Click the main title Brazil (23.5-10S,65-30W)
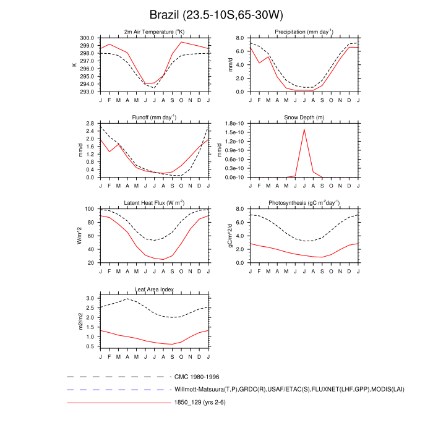(x=216, y=14)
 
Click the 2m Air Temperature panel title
(x=154, y=32)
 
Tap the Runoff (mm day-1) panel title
(x=154, y=117)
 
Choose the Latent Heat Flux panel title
(x=154, y=203)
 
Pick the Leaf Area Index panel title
(x=154, y=289)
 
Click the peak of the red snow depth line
(x=304, y=129)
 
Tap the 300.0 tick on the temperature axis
(x=87, y=37)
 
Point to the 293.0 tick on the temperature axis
(x=87, y=92)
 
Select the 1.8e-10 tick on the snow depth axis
(x=234, y=124)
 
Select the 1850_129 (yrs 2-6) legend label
(x=204, y=403)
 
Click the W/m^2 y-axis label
(x=79, y=236)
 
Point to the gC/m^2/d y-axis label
(x=230, y=236)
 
